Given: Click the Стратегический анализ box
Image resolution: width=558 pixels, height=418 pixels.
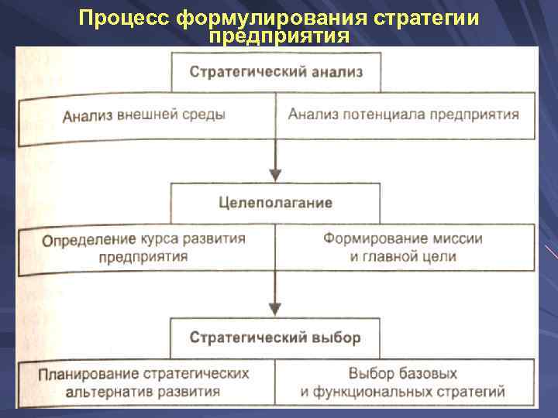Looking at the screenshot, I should tap(276, 73).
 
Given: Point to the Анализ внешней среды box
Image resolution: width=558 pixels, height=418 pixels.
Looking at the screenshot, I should tap(145, 116).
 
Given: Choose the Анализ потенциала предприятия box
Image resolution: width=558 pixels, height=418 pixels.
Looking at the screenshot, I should tap(404, 116).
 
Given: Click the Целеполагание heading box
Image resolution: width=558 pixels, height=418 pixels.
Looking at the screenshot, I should tap(276, 203).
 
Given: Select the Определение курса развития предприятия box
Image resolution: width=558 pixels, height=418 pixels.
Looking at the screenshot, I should tap(145, 248).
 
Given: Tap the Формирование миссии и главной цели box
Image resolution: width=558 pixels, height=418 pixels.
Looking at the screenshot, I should tap(404, 248).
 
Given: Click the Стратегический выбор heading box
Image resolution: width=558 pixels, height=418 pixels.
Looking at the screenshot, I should tap(276, 338).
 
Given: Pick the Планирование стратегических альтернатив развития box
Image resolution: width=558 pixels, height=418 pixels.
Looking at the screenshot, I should tap(145, 382).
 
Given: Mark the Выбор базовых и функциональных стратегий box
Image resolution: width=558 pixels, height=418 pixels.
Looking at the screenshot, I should tap(404, 382).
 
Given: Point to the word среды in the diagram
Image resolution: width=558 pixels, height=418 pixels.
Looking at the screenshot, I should tap(206, 115).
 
